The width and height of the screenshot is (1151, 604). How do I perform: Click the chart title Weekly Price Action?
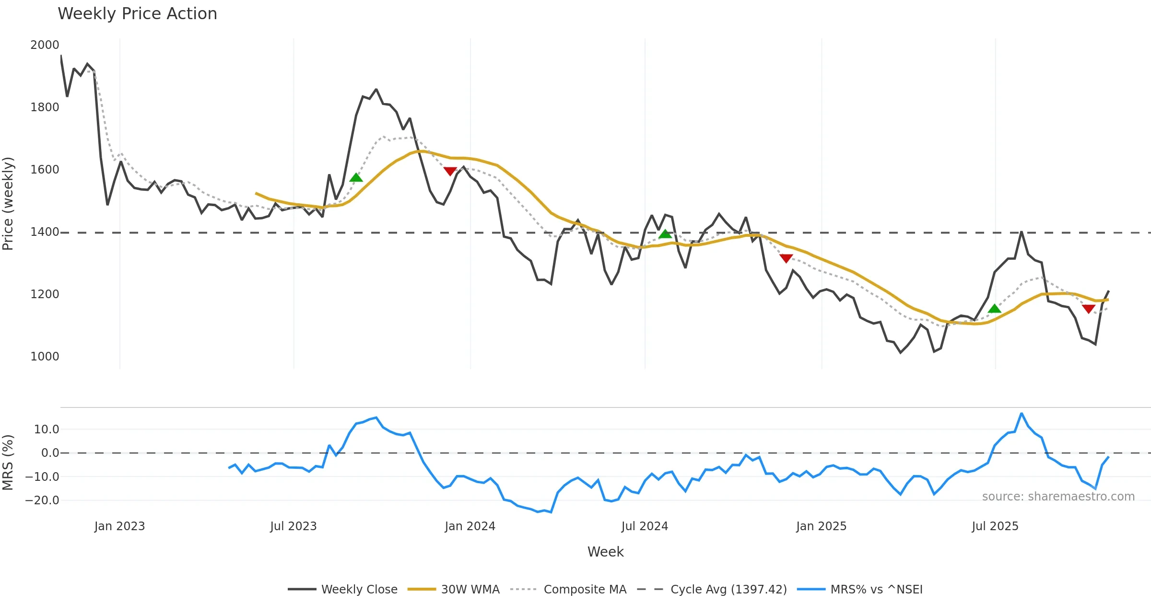[x=137, y=14]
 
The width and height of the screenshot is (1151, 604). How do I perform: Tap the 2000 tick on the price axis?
[x=45, y=45]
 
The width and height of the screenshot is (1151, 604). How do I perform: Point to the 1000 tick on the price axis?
[x=45, y=357]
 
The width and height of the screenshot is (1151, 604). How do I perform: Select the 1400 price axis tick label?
[x=45, y=232]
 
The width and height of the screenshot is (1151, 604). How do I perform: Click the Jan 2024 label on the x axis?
[x=470, y=526]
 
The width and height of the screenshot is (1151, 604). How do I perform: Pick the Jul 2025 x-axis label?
[x=995, y=526]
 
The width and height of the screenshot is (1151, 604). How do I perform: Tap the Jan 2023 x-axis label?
[x=119, y=526]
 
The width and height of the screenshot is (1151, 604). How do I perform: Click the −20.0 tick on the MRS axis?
[x=42, y=500]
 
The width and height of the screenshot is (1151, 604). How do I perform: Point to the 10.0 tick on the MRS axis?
[x=47, y=430]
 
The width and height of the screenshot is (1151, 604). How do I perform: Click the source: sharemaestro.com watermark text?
[x=1058, y=497]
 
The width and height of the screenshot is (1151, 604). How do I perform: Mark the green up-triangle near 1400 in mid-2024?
[x=665, y=234]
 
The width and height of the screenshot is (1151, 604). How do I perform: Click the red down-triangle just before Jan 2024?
[x=450, y=171]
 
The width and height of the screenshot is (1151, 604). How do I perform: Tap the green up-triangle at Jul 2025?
[x=995, y=308]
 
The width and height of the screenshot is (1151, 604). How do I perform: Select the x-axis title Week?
[x=605, y=552]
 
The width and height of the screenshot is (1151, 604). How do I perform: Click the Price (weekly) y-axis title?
[x=8, y=204]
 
